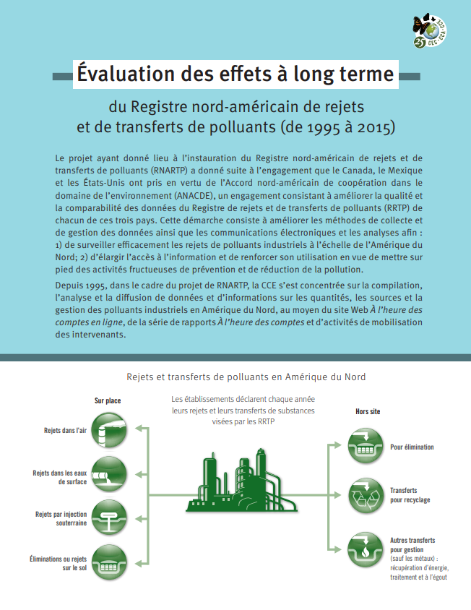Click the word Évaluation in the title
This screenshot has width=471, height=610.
point(126,74)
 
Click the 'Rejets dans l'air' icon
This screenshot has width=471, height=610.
point(111,429)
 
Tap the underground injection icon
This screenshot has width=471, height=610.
point(111,518)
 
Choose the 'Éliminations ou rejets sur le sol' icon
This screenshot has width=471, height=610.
point(111,563)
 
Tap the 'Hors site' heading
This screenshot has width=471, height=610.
point(368,411)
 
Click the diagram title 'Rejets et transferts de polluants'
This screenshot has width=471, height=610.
point(246,377)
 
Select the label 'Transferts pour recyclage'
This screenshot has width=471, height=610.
point(410,494)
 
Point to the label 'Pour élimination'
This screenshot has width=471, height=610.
point(412,447)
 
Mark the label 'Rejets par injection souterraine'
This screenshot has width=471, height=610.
point(61,518)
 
